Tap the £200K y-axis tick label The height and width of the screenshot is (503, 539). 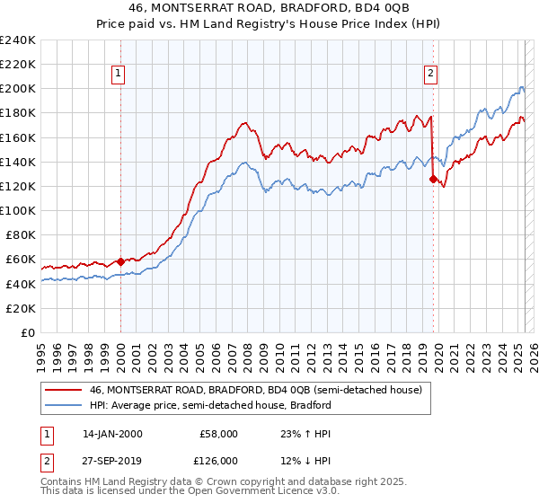pyautogui.click(x=18, y=89)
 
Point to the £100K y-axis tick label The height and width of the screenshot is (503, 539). pyautogui.click(x=18, y=210)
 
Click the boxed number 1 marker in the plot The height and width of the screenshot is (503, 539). pyautogui.click(x=119, y=75)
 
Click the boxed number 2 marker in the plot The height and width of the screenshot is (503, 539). pyautogui.click(x=431, y=75)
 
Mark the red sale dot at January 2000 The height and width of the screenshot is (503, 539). pyautogui.click(x=120, y=261)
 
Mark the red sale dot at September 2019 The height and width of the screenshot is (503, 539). pyautogui.click(x=433, y=179)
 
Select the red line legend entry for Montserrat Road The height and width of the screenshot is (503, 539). pyautogui.click(x=261, y=390)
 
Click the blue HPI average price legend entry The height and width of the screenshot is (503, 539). pyautogui.click(x=210, y=405)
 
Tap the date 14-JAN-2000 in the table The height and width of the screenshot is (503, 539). pyautogui.click(x=112, y=434)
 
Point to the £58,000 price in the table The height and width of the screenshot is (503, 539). pyautogui.click(x=218, y=434)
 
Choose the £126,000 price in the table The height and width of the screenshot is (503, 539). pyautogui.click(x=218, y=460)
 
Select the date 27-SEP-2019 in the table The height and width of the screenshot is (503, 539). pyautogui.click(x=112, y=460)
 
